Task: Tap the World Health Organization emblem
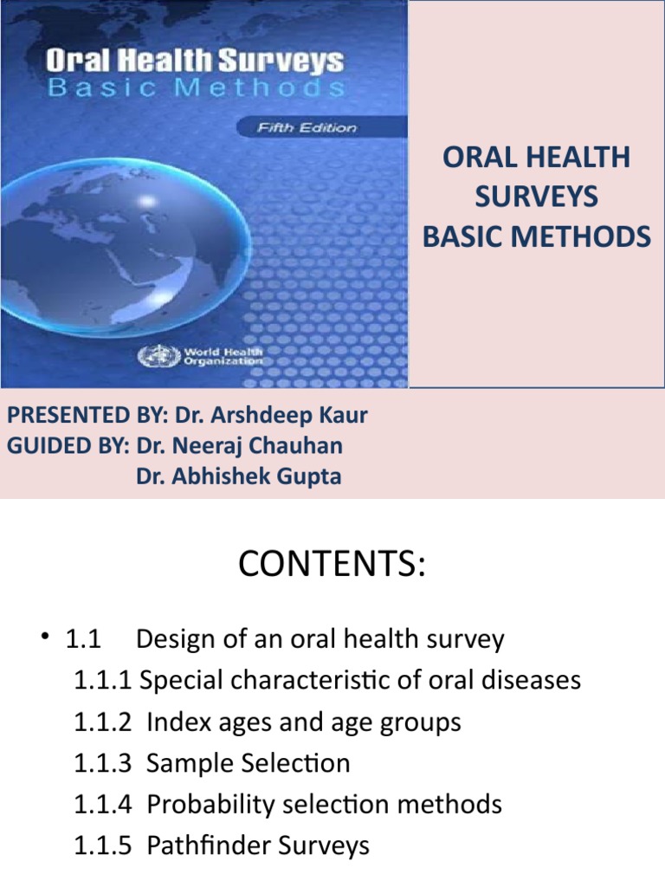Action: tap(158, 356)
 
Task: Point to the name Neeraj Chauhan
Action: tap(256, 446)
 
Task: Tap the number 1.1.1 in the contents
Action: tap(103, 680)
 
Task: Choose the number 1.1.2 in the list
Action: tap(103, 722)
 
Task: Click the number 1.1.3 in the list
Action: tap(103, 764)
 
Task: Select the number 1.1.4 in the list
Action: tap(103, 805)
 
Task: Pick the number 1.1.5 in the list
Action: tap(103, 846)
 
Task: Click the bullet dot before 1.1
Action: tap(45, 637)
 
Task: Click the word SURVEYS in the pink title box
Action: tap(536, 197)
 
